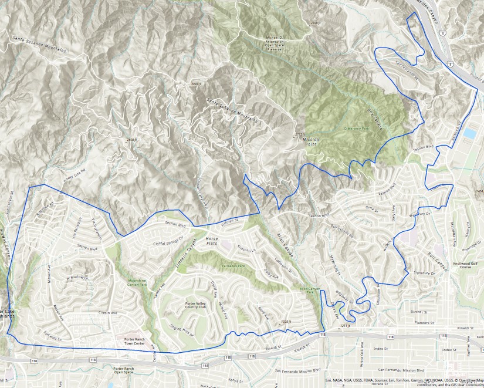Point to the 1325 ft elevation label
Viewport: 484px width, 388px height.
pos(286,321)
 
